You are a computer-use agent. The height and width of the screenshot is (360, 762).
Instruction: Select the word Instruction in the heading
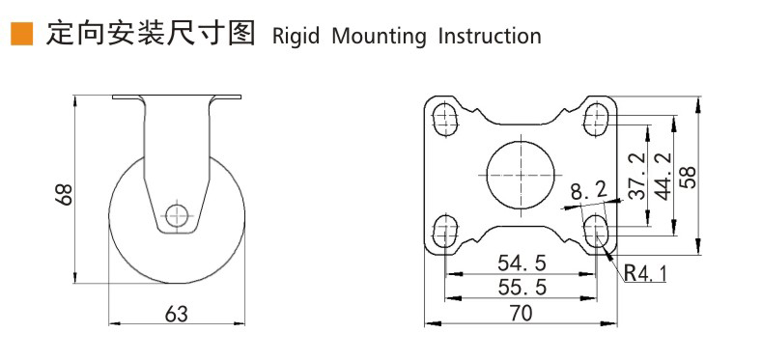[490, 37]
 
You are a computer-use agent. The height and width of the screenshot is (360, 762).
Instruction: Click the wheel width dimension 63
[177, 314]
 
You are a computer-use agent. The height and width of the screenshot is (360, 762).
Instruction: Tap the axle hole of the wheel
[176, 214]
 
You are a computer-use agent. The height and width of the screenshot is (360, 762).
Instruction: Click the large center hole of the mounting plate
[522, 175]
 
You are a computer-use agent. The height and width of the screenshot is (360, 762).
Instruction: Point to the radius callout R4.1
[644, 273]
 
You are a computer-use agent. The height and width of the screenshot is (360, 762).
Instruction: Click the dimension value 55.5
[521, 287]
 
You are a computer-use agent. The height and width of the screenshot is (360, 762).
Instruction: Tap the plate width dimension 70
[521, 312]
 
